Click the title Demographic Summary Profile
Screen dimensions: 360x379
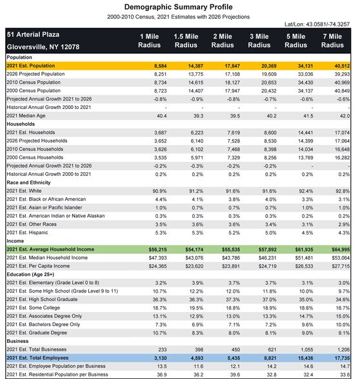pos(178,7)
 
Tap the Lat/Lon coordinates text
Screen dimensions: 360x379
pos(317,24)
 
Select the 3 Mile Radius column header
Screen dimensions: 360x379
pos(259,41)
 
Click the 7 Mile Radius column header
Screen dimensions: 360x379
pos(332,41)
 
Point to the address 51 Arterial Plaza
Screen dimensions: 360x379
pos(33,35)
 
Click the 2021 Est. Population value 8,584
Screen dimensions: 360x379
pos(161,66)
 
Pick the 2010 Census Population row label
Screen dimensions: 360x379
pos(34,83)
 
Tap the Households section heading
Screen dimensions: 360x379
pos(21,124)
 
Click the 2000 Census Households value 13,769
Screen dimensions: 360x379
pos(306,158)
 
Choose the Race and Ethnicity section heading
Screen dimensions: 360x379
pos(28,182)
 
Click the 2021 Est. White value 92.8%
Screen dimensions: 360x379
pos(343,191)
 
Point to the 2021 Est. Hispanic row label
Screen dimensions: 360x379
pos(27,233)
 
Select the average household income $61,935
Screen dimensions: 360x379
pos(304,249)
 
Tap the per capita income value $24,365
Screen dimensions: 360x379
pos(157,266)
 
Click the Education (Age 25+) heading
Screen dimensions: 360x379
pos(30,275)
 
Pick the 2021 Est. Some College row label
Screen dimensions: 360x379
pos(34,307)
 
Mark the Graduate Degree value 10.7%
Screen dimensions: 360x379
pos(160,333)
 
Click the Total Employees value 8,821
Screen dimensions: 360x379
pos(270,358)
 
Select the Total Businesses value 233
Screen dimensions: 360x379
pos(163,350)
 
